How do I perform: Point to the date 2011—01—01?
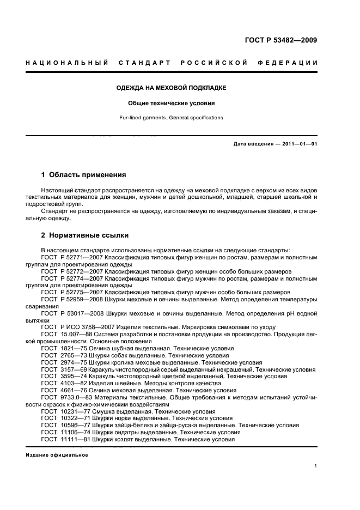click(298, 144)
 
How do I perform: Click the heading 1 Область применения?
click(84, 175)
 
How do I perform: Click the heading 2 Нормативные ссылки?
click(85, 235)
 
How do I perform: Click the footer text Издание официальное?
click(57, 456)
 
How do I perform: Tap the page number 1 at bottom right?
click(316, 466)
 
